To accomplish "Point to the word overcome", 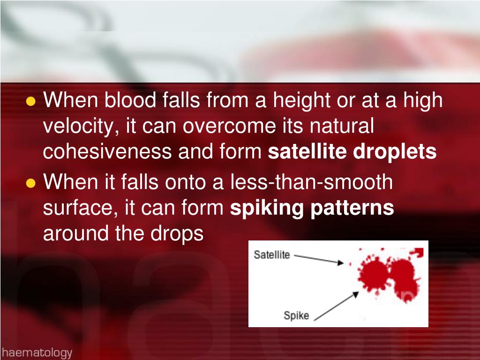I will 221,126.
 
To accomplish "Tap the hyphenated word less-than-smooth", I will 311,182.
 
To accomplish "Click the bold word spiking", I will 266,208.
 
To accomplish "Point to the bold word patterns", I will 352,208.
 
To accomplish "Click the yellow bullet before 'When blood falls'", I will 31,101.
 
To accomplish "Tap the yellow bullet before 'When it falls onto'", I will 31,183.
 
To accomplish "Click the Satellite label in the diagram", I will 272,255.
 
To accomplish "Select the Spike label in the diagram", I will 296,315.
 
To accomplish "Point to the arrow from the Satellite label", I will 319,260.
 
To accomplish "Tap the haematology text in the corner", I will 37,352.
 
